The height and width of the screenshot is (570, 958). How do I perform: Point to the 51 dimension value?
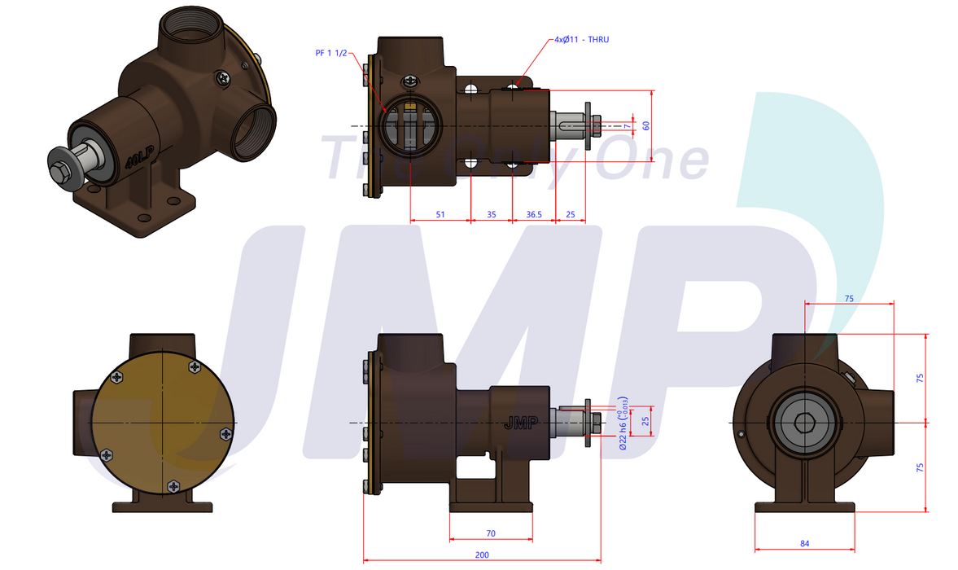click(440, 214)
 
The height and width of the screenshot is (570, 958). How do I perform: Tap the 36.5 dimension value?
click(534, 214)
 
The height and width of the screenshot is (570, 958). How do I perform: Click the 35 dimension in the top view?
click(492, 214)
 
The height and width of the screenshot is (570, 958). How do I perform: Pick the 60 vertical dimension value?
click(646, 125)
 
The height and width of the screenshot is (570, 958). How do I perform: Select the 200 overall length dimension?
click(481, 555)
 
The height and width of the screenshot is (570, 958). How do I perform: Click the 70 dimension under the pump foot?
click(491, 533)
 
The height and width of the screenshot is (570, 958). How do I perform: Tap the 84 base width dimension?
click(805, 543)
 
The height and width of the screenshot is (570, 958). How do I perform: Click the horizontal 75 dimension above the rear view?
click(849, 299)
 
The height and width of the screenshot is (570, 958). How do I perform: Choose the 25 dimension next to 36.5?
click(570, 214)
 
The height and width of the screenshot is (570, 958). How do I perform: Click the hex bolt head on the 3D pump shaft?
click(61, 172)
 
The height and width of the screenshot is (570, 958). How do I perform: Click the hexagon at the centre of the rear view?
click(804, 423)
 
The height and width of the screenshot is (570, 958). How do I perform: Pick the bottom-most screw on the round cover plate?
click(173, 486)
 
